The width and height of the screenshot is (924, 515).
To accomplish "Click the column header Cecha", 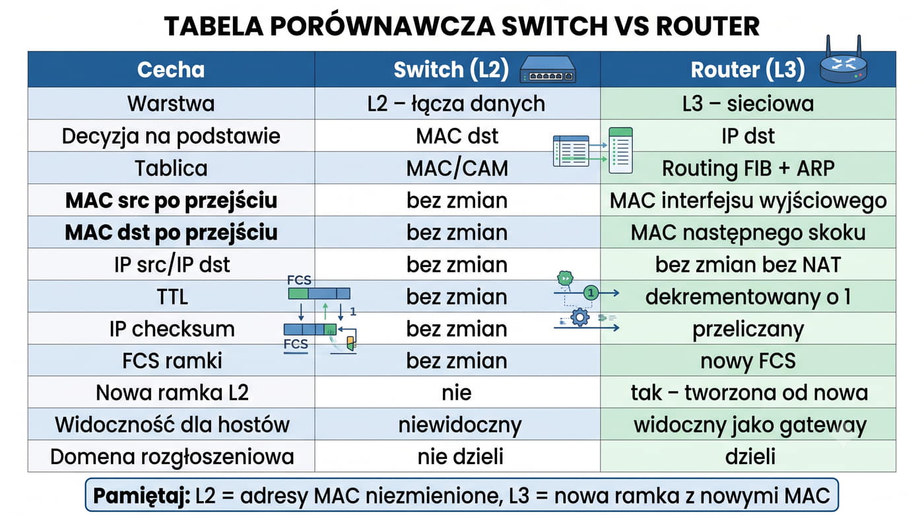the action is click(171, 70).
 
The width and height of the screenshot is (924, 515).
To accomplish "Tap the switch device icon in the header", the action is click(548, 70).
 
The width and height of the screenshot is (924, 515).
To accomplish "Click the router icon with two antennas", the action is click(843, 62).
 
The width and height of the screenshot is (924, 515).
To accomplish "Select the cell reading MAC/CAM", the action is click(457, 168).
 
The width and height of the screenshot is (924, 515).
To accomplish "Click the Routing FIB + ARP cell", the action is click(748, 168).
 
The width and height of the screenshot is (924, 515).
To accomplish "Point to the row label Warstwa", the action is click(171, 104).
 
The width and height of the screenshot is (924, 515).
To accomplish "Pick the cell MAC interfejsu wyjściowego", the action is click(748, 200).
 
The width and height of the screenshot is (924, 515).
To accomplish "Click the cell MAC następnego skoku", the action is click(748, 233).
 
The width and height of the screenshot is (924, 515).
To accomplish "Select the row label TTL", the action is click(172, 297).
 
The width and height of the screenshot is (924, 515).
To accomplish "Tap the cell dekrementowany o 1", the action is click(748, 297).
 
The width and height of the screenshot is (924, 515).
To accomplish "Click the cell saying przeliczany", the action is click(748, 329).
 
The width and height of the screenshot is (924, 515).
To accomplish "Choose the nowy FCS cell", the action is click(748, 361).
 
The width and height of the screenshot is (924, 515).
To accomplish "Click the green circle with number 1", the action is click(591, 293).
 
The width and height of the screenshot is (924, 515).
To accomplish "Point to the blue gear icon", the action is click(580, 317).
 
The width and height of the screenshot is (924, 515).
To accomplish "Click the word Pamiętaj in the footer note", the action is click(141, 496).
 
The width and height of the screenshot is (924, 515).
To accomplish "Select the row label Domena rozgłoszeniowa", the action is click(172, 457).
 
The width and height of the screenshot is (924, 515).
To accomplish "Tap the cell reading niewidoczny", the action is click(460, 425).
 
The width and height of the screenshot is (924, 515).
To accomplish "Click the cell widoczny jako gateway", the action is click(750, 425).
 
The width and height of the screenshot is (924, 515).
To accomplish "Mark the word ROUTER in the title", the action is click(708, 26).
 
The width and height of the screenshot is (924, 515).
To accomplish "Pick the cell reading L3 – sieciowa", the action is click(748, 104).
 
